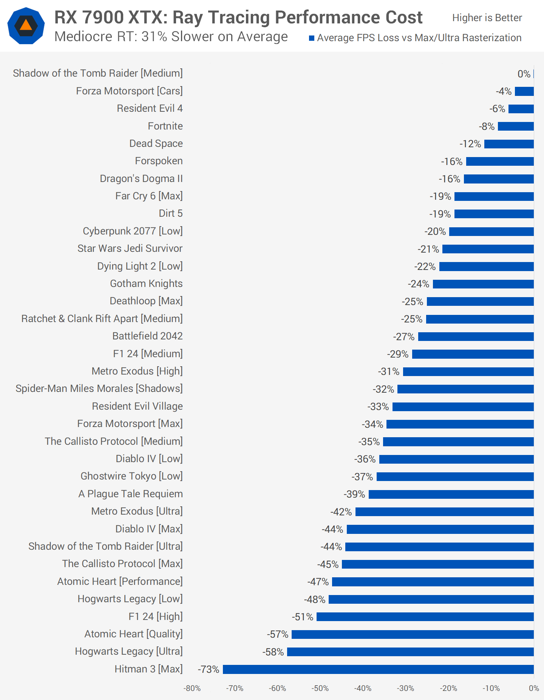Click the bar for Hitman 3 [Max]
378,669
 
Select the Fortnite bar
516,126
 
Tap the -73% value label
209,669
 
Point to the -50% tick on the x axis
320,688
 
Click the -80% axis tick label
192,688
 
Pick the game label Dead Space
156,143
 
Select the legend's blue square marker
312,38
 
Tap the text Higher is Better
487,18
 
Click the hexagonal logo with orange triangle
26,26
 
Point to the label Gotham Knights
146,284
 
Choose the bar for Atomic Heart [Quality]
413,634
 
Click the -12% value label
470,144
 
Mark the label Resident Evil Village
138,406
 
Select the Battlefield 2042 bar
476,336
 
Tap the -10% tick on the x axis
491,688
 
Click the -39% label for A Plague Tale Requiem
354,494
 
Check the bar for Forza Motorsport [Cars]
524,91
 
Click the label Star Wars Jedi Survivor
130,248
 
